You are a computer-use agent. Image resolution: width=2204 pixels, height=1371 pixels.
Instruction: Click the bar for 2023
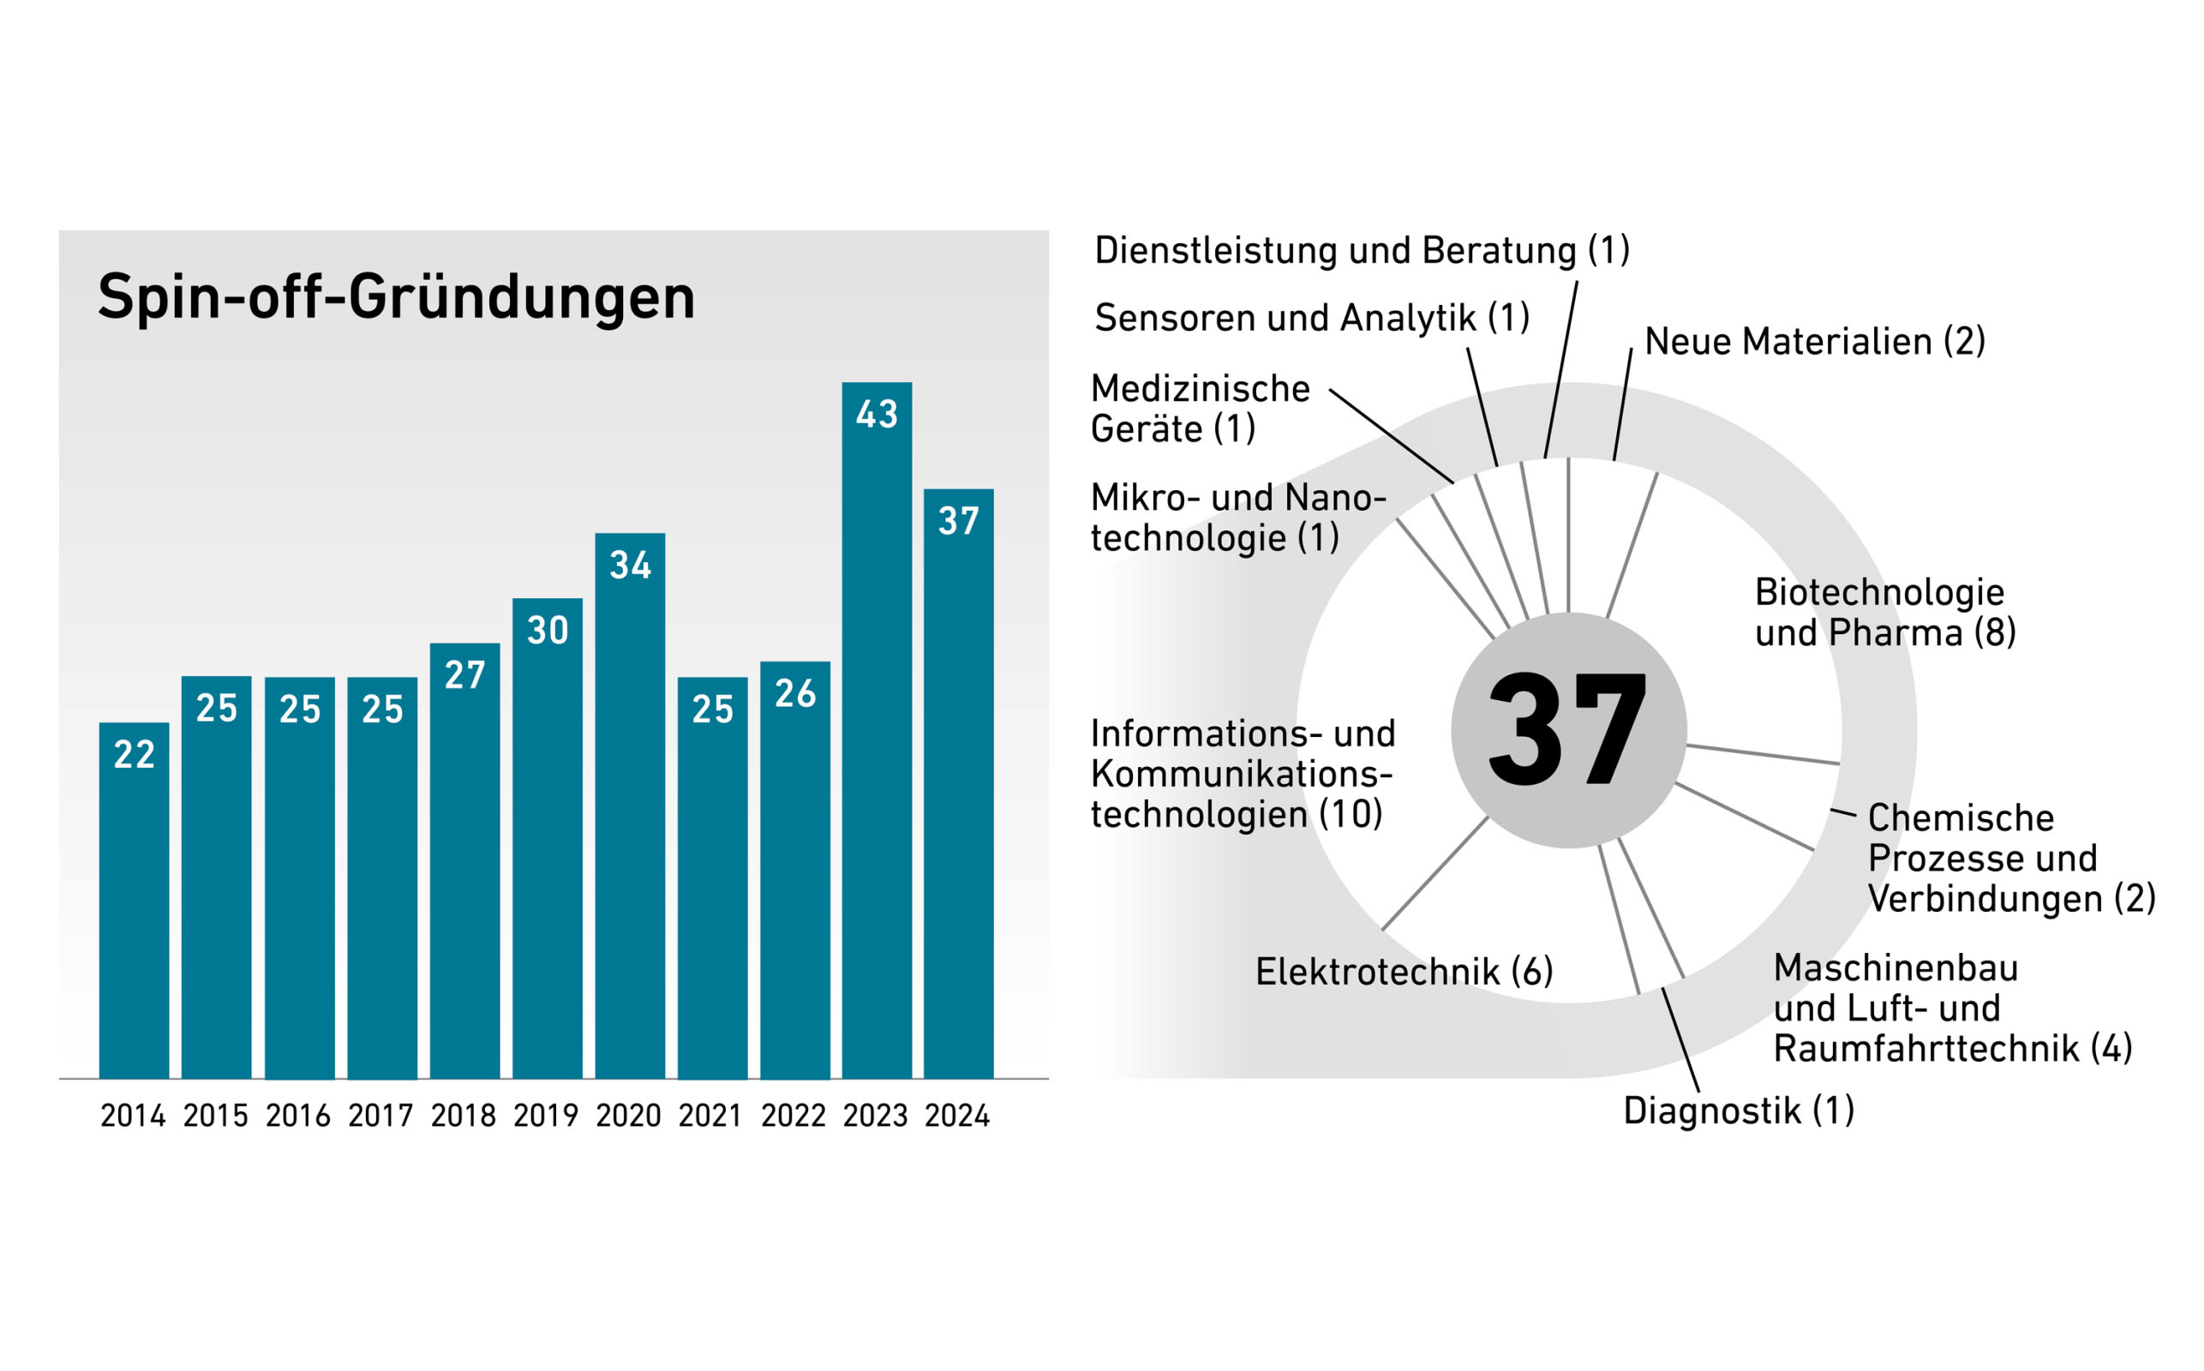coord(876,744)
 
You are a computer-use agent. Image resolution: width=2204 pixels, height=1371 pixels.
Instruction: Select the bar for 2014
coord(135,907)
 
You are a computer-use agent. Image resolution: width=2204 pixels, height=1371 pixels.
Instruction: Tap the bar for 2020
coord(629,816)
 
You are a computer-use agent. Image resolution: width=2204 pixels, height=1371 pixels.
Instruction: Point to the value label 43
coord(877,415)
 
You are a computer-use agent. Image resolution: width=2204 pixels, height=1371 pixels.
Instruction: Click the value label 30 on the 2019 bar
coord(548,630)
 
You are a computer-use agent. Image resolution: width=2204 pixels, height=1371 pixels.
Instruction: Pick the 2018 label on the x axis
coord(464,1116)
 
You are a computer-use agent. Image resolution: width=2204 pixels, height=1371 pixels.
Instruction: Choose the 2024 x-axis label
coord(957,1116)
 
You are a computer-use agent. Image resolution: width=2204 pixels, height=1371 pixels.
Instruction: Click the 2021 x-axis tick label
coord(710,1116)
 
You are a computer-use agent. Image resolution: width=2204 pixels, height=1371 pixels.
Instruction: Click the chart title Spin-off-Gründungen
coord(396,296)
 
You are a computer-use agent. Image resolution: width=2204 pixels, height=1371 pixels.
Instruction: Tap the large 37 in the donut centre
coord(1567,730)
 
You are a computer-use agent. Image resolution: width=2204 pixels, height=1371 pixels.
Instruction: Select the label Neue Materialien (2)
coord(1815,342)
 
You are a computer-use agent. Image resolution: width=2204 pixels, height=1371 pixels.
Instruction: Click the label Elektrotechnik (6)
coord(1404,972)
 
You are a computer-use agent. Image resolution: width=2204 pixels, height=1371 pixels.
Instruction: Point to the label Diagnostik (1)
coord(1739,1111)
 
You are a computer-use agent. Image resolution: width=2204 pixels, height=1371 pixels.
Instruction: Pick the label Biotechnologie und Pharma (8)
coord(1885,612)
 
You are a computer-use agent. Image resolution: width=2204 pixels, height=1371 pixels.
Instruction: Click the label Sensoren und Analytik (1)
coord(1312,318)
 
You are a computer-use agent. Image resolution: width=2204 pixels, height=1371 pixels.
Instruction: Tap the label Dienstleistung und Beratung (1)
coord(1362,251)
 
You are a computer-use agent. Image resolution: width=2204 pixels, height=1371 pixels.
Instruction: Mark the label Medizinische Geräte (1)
coord(1200,408)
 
